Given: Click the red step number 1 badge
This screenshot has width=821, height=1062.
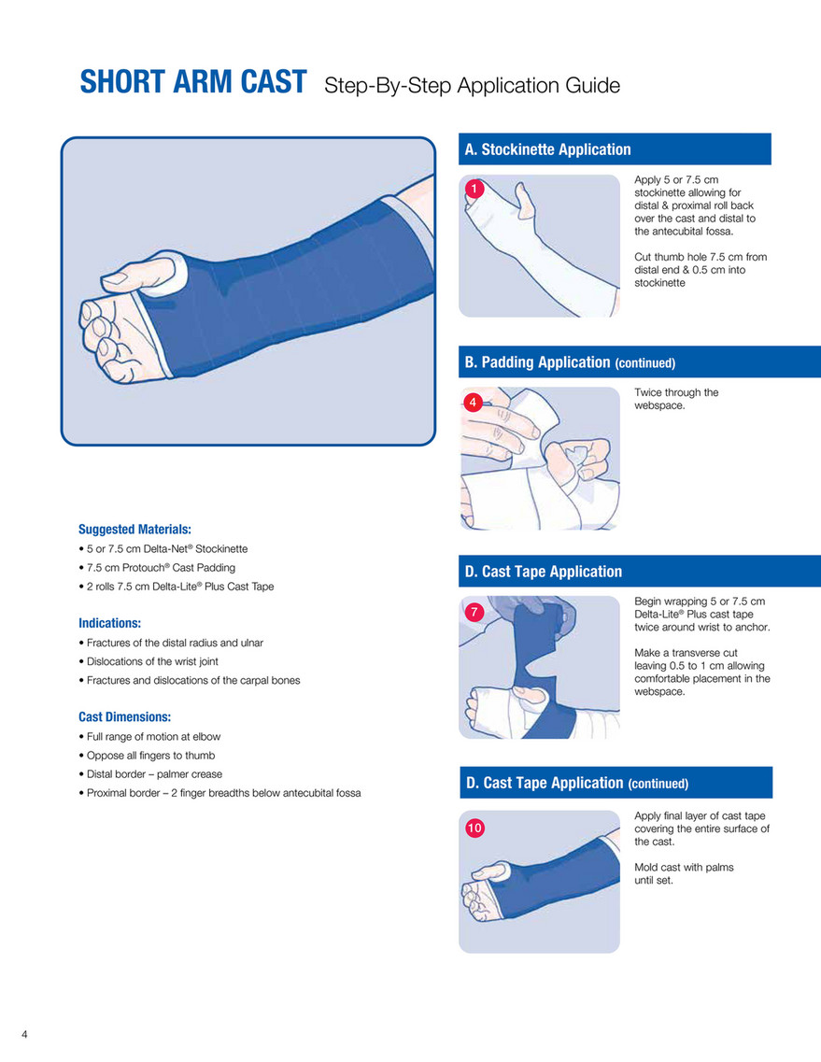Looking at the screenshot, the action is (x=474, y=189).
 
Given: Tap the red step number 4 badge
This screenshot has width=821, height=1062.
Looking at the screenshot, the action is (x=473, y=403).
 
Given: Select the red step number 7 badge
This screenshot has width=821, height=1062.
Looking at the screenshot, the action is (x=474, y=613).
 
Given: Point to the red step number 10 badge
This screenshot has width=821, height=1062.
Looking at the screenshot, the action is (x=474, y=828).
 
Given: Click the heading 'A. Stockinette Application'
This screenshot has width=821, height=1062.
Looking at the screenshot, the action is (x=547, y=149).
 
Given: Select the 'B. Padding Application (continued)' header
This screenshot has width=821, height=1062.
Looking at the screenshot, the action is (x=570, y=362).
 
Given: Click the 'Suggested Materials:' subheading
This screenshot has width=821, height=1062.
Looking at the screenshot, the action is (x=134, y=529).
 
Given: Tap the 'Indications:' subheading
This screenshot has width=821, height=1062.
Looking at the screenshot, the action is (x=109, y=623).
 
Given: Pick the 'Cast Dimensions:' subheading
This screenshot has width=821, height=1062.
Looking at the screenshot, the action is (x=124, y=716).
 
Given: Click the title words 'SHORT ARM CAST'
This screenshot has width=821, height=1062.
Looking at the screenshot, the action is (x=193, y=82).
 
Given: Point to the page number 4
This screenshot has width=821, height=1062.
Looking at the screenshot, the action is (x=24, y=1034).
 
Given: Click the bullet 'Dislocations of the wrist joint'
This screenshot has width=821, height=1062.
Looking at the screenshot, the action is (x=149, y=661).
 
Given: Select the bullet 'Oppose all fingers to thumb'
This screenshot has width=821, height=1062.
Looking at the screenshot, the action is (x=147, y=756).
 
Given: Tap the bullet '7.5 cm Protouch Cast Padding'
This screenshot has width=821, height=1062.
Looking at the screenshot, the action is (x=157, y=568).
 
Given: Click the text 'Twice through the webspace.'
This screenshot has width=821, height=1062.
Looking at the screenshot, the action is (x=676, y=399).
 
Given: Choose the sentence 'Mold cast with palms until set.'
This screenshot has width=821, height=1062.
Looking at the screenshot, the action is (x=684, y=873).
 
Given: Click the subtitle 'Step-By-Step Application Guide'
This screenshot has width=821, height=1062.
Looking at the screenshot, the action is (x=472, y=85).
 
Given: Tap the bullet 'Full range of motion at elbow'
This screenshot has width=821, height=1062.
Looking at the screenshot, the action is (x=149, y=736).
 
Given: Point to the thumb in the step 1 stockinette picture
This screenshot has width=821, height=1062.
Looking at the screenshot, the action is (x=524, y=201).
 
